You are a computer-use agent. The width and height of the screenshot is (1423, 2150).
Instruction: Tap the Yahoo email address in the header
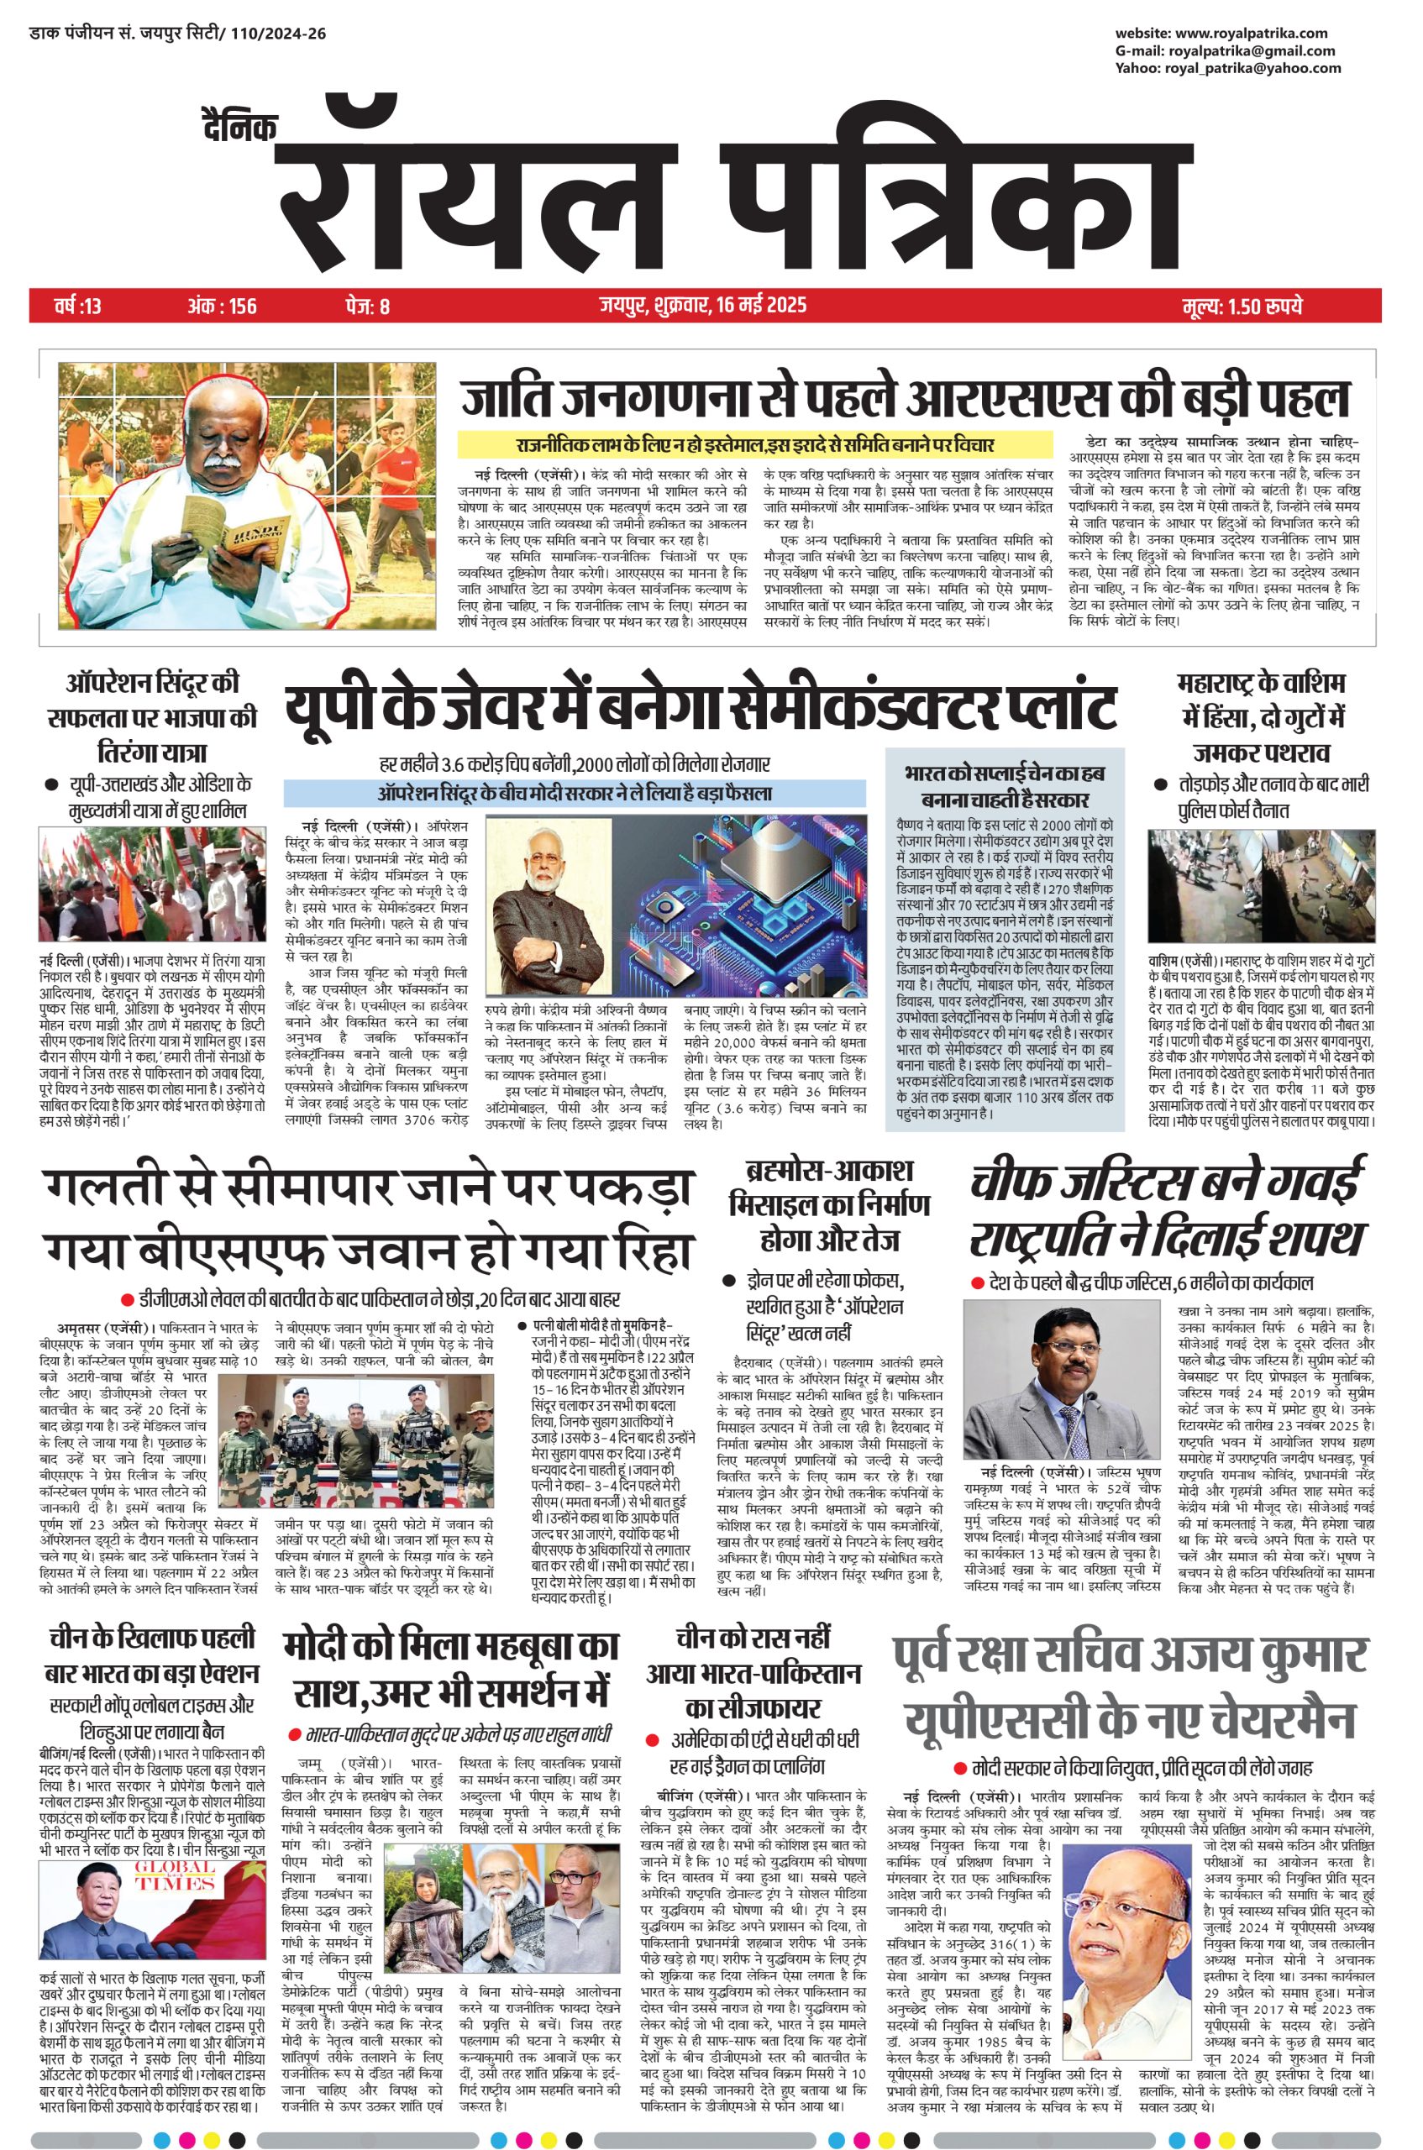(x=1253, y=68)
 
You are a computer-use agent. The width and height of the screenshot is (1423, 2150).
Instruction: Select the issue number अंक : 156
(x=223, y=306)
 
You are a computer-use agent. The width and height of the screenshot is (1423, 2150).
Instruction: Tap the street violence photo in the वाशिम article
(x=1262, y=884)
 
